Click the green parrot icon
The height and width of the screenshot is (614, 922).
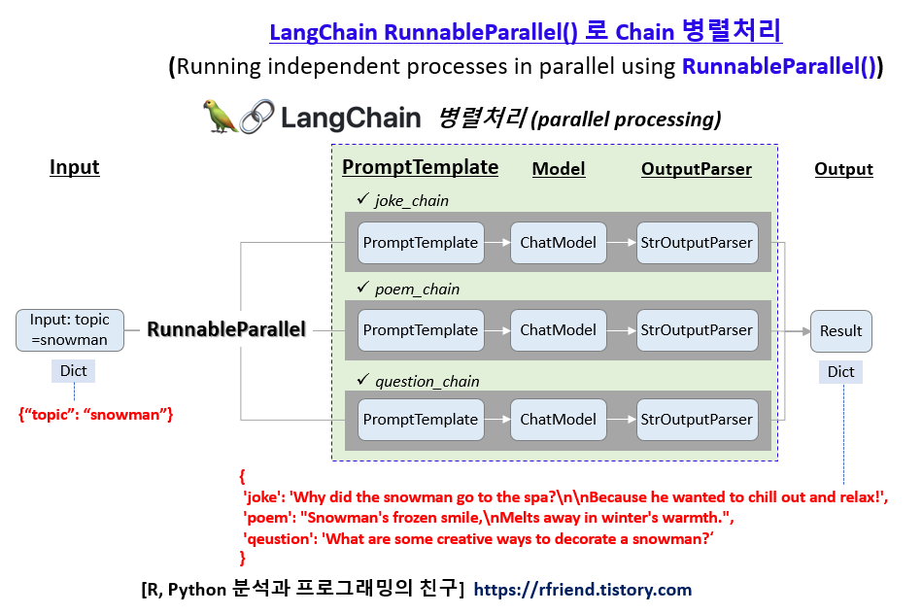coord(219,116)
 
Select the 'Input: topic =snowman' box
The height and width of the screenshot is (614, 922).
coord(70,330)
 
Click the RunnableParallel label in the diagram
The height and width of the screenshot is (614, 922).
coord(226,330)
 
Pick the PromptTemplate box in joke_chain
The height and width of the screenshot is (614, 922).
coord(420,242)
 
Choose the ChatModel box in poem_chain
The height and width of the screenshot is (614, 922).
coord(558,330)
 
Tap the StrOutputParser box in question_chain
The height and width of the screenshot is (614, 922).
coord(696,420)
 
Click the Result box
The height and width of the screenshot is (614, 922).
coord(840,330)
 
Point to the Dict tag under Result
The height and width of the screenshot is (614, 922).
coord(840,372)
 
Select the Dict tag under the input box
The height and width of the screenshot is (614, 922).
coord(73,371)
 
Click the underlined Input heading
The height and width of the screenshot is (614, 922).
coord(75,167)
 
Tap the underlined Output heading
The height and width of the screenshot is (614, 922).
coord(843,169)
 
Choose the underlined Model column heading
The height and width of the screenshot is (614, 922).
coord(559,169)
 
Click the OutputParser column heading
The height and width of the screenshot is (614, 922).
coord(696,169)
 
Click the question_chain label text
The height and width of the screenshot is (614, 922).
coord(427,381)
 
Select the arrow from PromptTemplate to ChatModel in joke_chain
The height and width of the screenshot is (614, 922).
coord(496,242)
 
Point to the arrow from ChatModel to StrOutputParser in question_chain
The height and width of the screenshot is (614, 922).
coord(622,420)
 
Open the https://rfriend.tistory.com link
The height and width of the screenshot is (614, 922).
coord(583,590)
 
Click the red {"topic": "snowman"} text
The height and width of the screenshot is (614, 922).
coord(96,415)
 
